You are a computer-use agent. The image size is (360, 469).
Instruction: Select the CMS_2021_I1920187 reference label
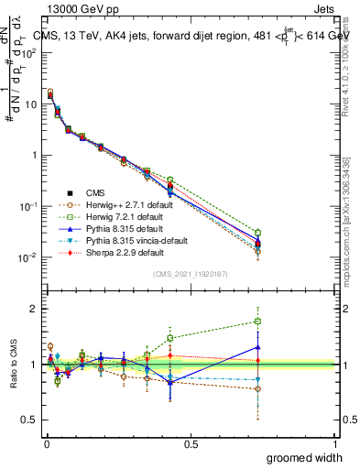click(x=189, y=274)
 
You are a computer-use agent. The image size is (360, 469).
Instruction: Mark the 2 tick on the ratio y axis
click(x=34, y=309)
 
